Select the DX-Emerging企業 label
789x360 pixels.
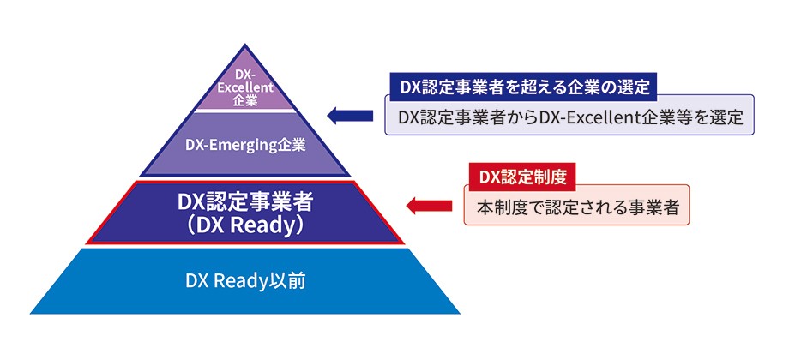pyautogui.click(x=245, y=144)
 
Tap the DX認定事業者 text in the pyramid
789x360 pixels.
pyautogui.click(x=245, y=202)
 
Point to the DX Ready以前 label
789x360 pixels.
pyautogui.click(x=245, y=280)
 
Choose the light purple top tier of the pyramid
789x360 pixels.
pyautogui.click(x=245, y=86)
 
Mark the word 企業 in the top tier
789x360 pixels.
pyautogui.click(x=245, y=100)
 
